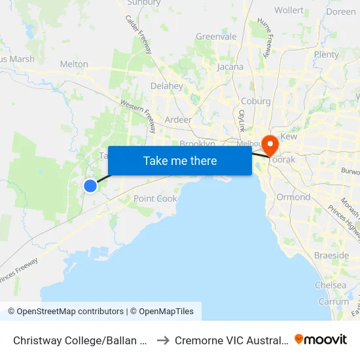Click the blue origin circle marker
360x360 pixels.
tap(90, 186)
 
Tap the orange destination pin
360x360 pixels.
tap(269, 144)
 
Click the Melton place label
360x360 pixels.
tap(74, 64)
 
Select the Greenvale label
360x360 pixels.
tap(216, 37)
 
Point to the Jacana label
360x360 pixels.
tap(230, 67)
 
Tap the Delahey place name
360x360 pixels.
tap(167, 86)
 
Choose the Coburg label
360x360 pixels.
tap(255, 101)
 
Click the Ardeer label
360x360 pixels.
tap(178, 120)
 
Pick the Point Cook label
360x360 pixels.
tap(155, 198)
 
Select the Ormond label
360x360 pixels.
tap(293, 197)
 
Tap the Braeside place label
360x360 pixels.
tap(331, 255)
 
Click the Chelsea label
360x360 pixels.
tap(331, 285)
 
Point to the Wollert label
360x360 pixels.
tap(289, 10)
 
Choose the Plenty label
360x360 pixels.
tap(326, 54)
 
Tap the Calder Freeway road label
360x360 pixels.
tap(139, 35)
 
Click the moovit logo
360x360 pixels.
tap(320, 340)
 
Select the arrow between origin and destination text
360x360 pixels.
tap(163, 340)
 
